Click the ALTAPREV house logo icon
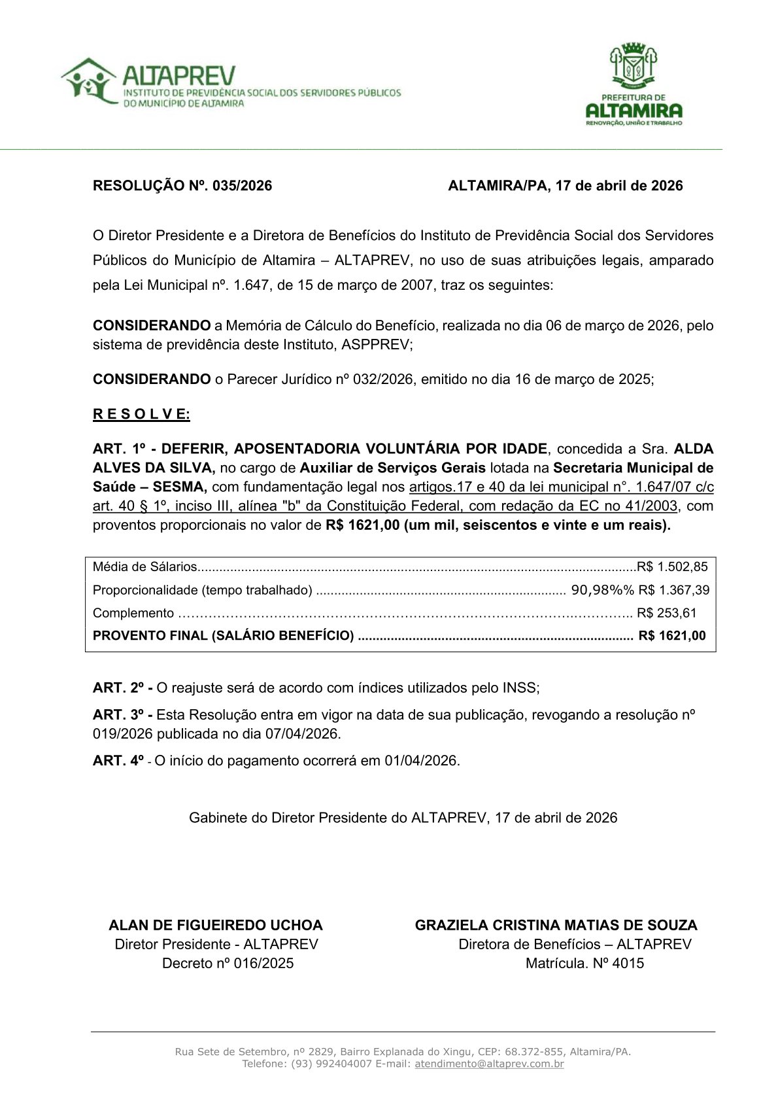pyautogui.click(x=88, y=80)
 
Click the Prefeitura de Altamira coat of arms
pyautogui.click(x=633, y=65)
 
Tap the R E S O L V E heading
pyautogui.click(x=141, y=414)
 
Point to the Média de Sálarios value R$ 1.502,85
pyautogui.click(x=672, y=567)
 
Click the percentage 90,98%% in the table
pyautogui.click(x=602, y=590)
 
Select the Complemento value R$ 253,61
pyautogui.click(x=666, y=613)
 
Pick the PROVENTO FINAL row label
pyautogui.click(x=223, y=636)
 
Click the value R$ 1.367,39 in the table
pyautogui.click(x=673, y=590)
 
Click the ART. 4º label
pyautogui.click(x=118, y=761)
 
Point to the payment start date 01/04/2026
pyautogui.click(x=421, y=761)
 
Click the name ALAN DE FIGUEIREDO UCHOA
pyautogui.click(x=216, y=925)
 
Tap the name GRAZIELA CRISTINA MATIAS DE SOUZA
pyautogui.click(x=556, y=925)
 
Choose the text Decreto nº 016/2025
pyautogui.click(x=228, y=963)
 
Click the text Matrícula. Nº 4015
pyautogui.click(x=584, y=963)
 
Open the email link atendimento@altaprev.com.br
pyautogui.click(x=489, y=1064)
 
